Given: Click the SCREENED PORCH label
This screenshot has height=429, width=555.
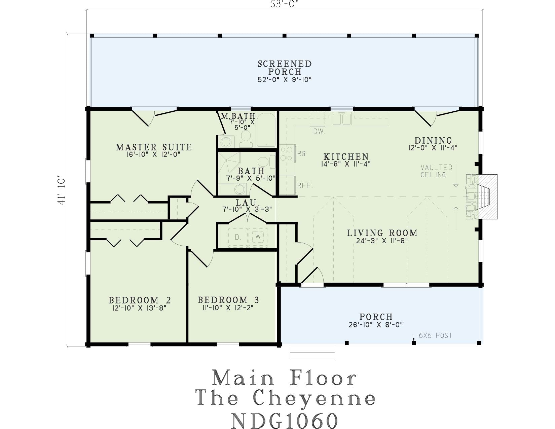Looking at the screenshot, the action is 285,67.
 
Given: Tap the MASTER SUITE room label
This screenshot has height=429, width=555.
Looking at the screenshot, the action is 154,147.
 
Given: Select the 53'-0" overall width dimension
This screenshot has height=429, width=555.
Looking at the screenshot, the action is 285,4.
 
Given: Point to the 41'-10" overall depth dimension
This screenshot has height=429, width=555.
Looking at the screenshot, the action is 62,189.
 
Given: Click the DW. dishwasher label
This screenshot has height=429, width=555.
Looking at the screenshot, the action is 319,132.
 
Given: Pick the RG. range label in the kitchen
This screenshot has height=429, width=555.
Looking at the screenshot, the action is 302,154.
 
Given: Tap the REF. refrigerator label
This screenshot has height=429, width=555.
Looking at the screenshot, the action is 305,185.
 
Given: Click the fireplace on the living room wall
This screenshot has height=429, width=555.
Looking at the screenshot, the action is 481,196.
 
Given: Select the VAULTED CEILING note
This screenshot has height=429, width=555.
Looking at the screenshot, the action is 437,171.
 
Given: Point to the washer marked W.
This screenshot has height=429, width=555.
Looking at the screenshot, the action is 259,237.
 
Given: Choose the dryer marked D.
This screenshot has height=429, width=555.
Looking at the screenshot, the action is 238,237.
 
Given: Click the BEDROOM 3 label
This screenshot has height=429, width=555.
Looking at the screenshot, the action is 228,300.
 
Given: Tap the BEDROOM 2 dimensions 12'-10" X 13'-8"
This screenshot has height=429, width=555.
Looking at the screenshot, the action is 140,308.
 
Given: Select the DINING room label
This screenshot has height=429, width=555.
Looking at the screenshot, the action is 433,141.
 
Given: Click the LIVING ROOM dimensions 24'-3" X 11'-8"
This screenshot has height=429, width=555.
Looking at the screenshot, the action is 381,241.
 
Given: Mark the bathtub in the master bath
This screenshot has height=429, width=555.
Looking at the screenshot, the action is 266,130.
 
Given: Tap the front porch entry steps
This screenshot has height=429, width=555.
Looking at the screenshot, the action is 312,352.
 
